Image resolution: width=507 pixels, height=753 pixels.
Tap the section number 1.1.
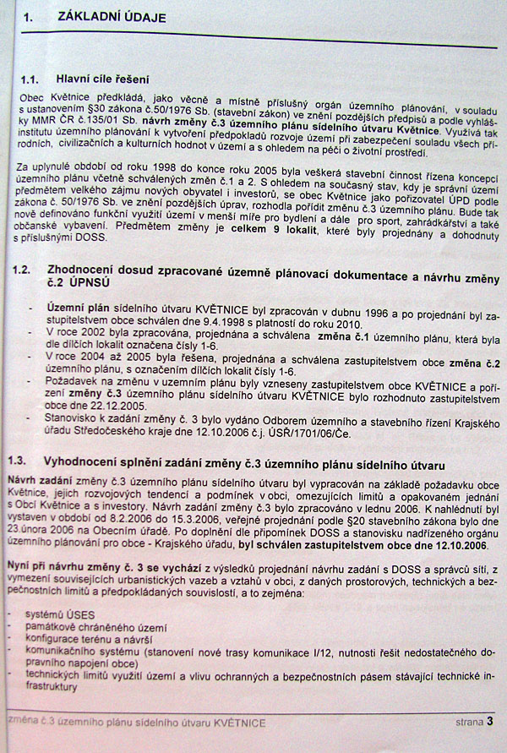pyautogui.click(x=35, y=79)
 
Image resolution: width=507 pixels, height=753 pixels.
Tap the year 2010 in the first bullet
pyautogui.click(x=354, y=325)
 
